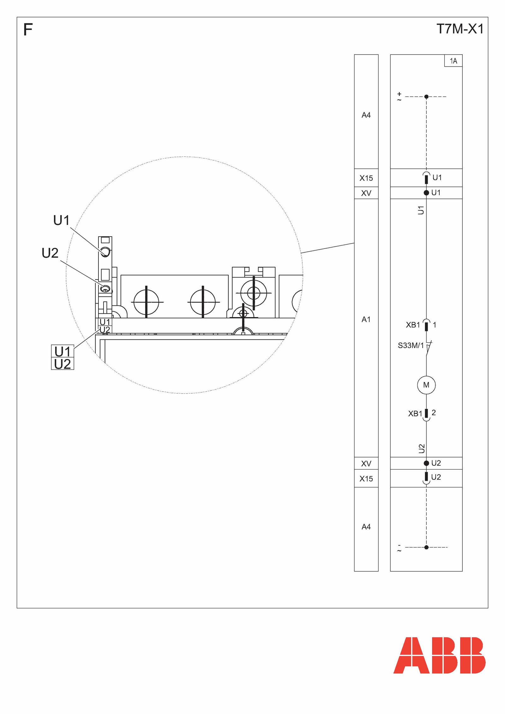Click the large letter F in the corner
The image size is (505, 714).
(28, 30)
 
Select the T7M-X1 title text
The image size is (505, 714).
(460, 29)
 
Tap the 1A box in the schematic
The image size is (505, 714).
(453, 61)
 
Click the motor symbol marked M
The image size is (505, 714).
(426, 385)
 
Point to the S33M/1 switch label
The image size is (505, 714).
(411, 345)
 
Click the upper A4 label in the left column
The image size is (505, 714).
(366, 115)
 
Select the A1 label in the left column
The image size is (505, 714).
(366, 320)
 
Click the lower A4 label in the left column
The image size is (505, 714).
(366, 527)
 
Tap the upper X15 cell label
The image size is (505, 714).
(366, 178)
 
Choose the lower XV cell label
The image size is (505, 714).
(366, 464)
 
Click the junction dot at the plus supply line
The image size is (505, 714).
(426, 97)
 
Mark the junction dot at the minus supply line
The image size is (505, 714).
(426, 547)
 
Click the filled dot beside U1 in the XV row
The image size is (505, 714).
(426, 193)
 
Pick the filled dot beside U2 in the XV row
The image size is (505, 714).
(426, 463)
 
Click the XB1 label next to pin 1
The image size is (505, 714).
(413, 325)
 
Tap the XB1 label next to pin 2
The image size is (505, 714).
(415, 414)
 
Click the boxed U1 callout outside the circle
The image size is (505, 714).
(62, 351)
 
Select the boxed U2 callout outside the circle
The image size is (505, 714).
(62, 364)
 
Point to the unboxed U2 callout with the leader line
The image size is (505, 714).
(50, 253)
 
